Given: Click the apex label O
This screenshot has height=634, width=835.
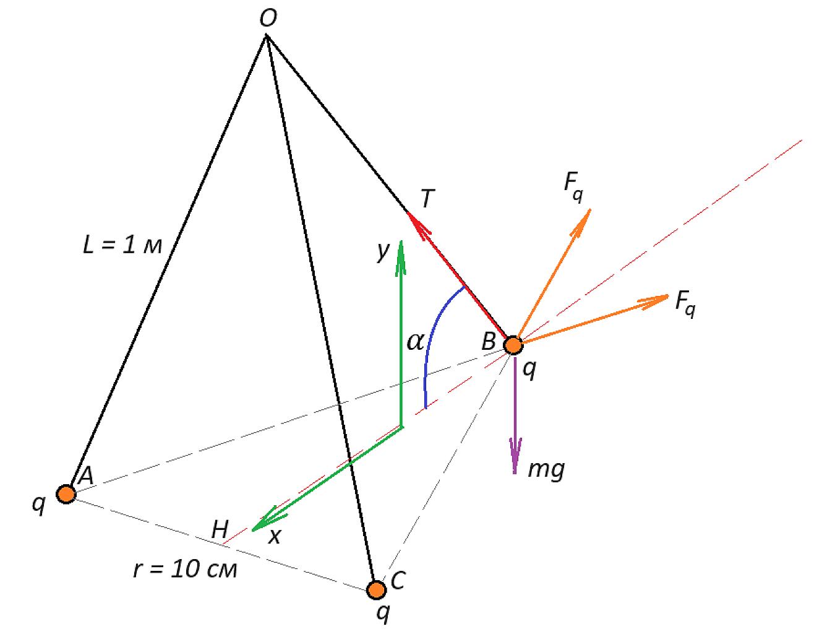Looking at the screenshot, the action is click(x=268, y=19).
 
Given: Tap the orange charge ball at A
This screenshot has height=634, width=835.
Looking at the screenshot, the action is click(x=66, y=494).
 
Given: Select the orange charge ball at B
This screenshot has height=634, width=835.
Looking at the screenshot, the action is click(x=513, y=345).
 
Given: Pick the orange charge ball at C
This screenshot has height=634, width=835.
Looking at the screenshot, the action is click(x=376, y=590).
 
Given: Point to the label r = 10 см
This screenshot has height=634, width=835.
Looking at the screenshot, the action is click(x=185, y=570).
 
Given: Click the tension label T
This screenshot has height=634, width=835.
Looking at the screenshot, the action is click(x=427, y=198).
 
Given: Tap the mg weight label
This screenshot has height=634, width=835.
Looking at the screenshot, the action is click(x=546, y=469).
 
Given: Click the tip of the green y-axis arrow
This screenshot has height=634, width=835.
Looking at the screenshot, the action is click(x=401, y=241).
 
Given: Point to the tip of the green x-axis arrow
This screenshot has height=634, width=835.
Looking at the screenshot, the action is click(x=252, y=530).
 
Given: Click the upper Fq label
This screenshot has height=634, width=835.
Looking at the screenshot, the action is click(x=573, y=186).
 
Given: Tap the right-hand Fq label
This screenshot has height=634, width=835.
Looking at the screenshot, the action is click(x=685, y=303).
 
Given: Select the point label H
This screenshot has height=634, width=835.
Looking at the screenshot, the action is click(x=220, y=529).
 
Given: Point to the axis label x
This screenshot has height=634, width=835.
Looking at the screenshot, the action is click(x=274, y=537).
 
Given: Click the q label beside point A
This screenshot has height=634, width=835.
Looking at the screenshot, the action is click(x=39, y=505).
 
